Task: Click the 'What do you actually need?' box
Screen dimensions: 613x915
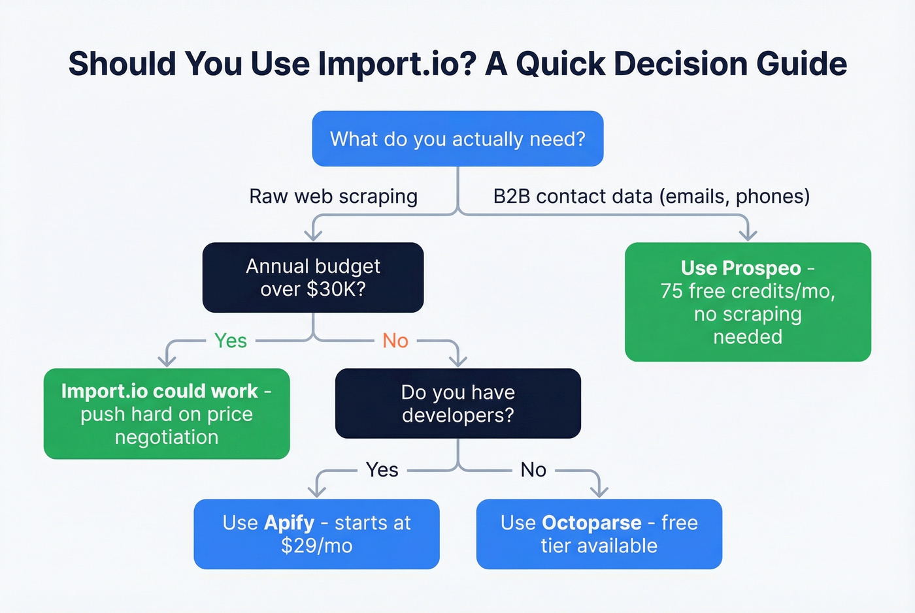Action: [457, 138]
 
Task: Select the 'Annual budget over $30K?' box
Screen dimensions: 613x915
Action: [313, 277]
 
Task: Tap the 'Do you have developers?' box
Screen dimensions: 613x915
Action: [457, 403]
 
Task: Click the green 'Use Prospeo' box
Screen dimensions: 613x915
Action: [748, 302]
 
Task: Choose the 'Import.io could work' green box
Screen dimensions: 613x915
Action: [167, 414]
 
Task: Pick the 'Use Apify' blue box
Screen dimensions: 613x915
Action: [316, 534]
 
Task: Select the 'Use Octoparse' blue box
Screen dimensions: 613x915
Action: [599, 534]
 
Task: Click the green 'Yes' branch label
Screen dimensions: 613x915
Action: [231, 341]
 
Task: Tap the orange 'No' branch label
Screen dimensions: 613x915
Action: [395, 341]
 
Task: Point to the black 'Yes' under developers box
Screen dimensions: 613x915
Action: [382, 470]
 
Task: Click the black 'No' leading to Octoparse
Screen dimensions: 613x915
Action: [533, 470]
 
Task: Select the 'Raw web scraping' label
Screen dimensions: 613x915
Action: [333, 196]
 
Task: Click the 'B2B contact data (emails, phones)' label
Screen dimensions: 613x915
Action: [651, 196]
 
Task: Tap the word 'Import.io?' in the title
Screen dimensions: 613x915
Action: [397, 64]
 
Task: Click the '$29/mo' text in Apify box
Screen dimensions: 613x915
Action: [316, 546]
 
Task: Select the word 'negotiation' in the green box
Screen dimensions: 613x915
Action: [167, 437]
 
